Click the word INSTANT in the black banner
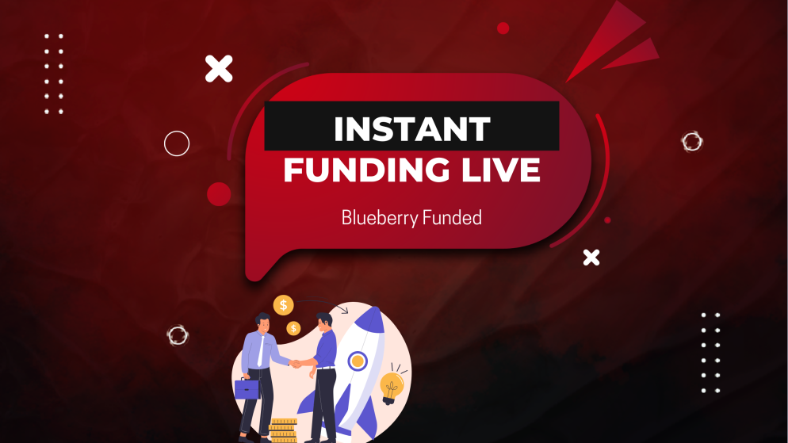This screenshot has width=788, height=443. click(x=411, y=128)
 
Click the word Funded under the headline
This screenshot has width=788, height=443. click(x=452, y=217)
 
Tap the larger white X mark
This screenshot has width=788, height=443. click(x=219, y=68)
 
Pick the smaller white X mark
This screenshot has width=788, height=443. click(x=591, y=257)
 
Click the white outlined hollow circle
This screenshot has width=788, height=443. click(x=177, y=143)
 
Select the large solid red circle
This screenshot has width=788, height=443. click(x=219, y=194)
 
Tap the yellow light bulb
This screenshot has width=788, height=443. click(x=392, y=387)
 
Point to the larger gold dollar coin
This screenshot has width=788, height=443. click(x=283, y=304)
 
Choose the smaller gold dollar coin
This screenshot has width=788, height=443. click(x=293, y=328)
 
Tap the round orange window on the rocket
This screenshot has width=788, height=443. click(x=358, y=361)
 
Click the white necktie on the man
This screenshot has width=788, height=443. click(x=260, y=349)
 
